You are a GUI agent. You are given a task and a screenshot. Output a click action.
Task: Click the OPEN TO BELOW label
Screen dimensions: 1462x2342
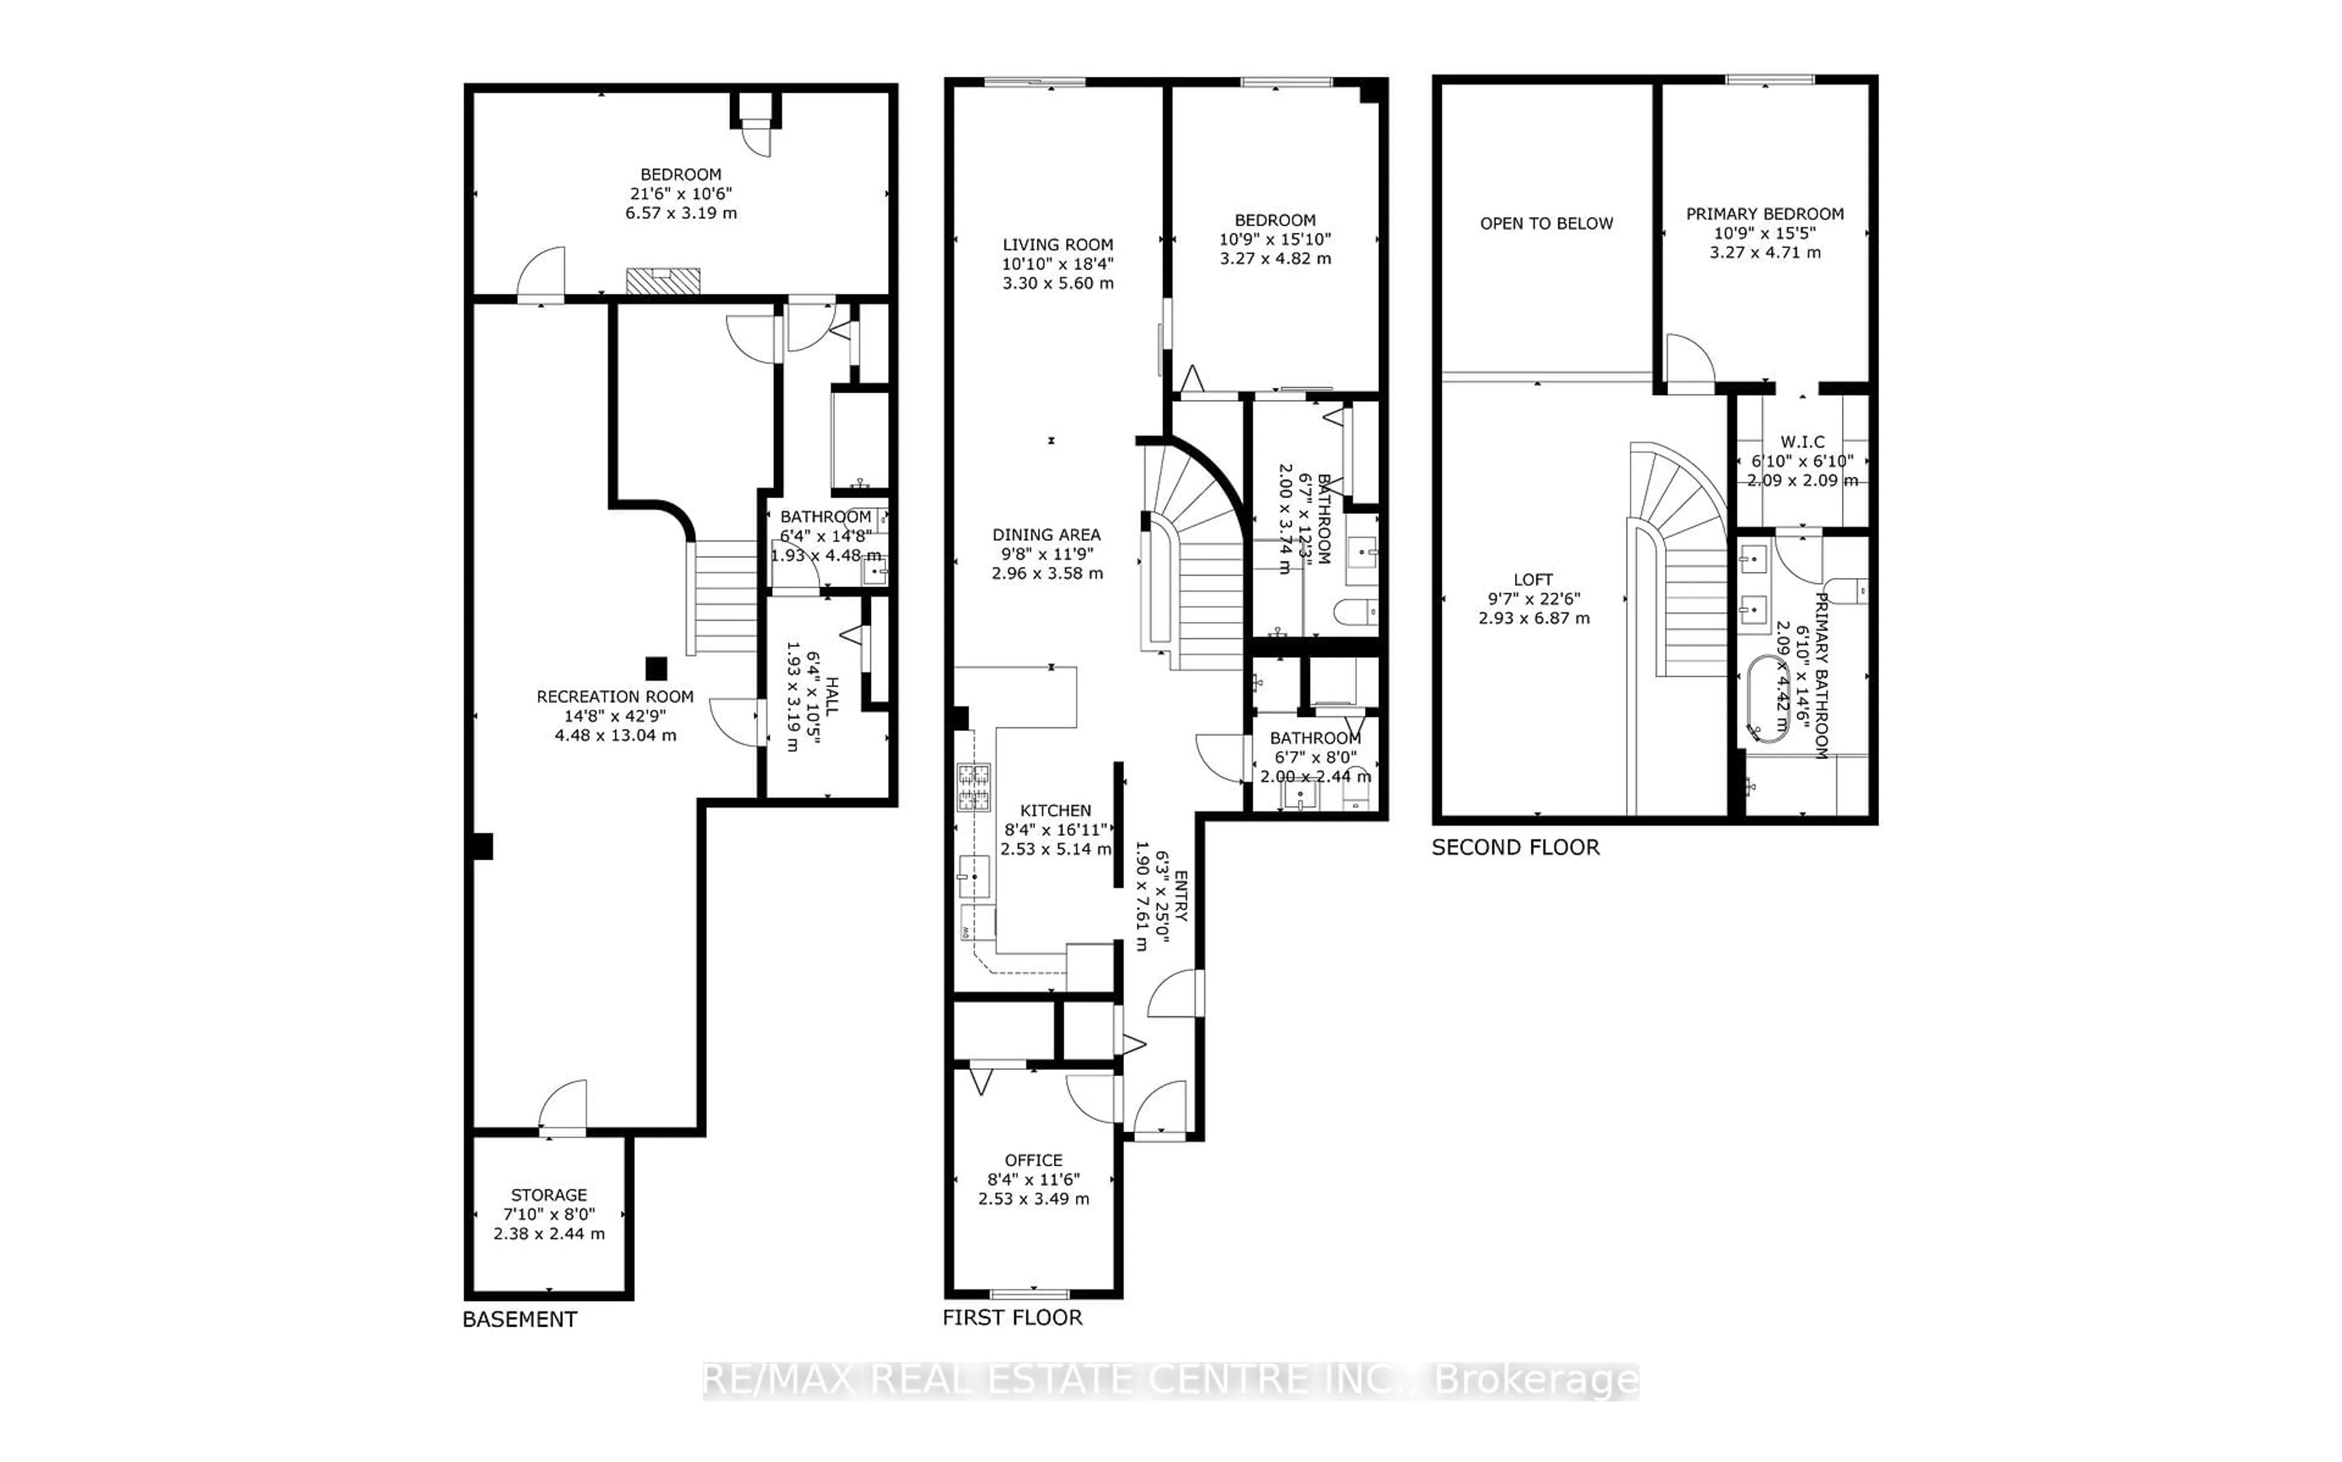(1546, 223)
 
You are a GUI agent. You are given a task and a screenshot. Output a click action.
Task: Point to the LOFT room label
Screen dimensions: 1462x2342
(1534, 580)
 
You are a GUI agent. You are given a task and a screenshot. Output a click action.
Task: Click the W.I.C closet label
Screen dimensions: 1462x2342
(1802, 442)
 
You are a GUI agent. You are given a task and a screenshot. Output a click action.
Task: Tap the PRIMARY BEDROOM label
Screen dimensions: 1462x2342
(1764, 214)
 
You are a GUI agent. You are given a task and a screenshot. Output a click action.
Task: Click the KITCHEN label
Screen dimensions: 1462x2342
(1055, 810)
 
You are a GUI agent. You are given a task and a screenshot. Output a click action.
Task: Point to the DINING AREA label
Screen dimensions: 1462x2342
(1046, 535)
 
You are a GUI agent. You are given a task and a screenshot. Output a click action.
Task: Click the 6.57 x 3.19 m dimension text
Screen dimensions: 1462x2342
(681, 213)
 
